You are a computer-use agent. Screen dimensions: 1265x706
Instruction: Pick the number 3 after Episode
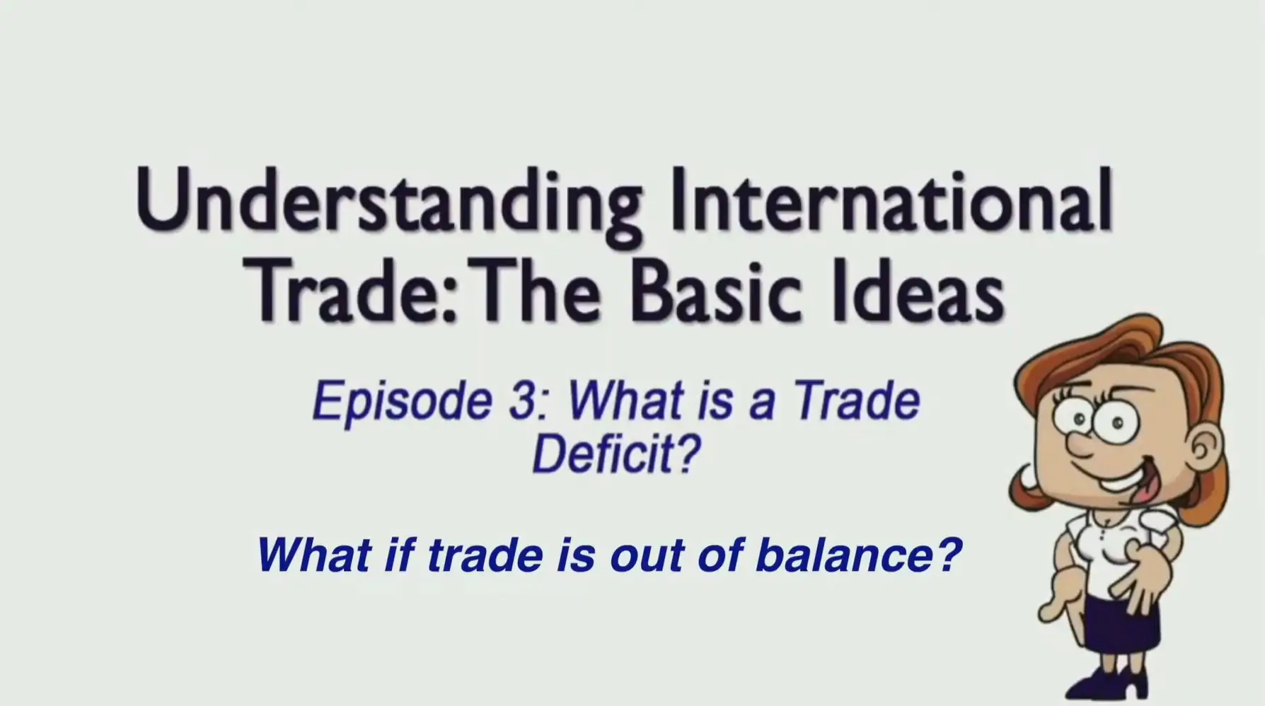point(521,401)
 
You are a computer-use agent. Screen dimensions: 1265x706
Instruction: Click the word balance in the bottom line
point(842,555)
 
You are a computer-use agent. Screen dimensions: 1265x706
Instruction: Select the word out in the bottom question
point(647,556)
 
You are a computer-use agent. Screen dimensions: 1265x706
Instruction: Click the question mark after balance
point(949,555)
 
